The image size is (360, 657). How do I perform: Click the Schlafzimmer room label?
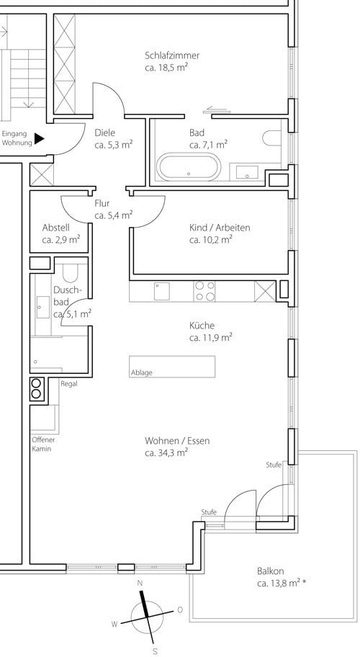[172, 55]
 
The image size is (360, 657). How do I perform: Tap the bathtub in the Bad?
[189, 166]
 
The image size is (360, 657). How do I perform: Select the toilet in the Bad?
[272, 138]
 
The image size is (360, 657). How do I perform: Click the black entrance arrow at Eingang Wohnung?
[40, 138]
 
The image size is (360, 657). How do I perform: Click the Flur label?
[102, 204]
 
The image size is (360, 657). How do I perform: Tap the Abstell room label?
[55, 228]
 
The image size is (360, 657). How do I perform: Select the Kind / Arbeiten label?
[220, 228]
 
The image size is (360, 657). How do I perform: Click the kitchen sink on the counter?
[161, 291]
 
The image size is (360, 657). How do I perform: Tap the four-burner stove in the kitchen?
[204, 291]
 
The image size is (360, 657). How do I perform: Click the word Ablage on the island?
[142, 372]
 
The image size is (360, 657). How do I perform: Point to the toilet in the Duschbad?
[71, 273]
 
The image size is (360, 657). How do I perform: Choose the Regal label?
[69, 384]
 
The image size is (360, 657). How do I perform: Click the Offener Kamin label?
[43, 444]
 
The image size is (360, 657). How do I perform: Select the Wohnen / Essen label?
[177, 441]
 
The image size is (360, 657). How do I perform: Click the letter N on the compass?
[140, 583]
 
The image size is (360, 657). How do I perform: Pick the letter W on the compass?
[114, 624]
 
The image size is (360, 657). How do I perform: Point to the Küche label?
[202, 326]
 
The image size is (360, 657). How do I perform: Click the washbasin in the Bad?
[247, 172]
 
